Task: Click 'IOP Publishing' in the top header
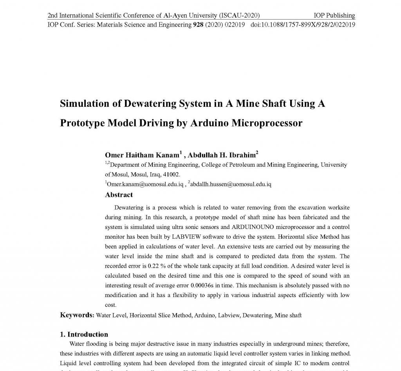click(x=334, y=16)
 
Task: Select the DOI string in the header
click(x=303, y=25)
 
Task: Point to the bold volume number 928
click(x=198, y=25)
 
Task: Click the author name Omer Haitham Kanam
click(x=142, y=155)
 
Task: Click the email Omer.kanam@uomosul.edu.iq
click(x=145, y=184)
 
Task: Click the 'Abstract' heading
click(x=119, y=195)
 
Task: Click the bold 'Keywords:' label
click(x=77, y=315)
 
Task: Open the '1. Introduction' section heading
click(x=84, y=335)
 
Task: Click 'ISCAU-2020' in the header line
click(x=240, y=16)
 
